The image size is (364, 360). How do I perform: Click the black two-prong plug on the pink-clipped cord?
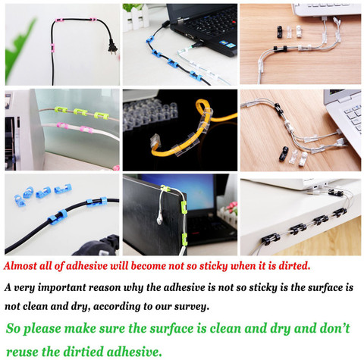[112, 47]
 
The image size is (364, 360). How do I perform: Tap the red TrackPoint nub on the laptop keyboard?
[234, 22]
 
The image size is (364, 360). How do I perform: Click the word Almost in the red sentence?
[20, 266]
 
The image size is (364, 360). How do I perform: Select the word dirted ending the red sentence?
[294, 266]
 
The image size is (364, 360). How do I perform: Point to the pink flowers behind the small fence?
[230, 208]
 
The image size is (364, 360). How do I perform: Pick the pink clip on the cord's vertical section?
[52, 48]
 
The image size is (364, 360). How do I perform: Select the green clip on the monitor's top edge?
[165, 188]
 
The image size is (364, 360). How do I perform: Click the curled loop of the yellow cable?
[203, 109]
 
